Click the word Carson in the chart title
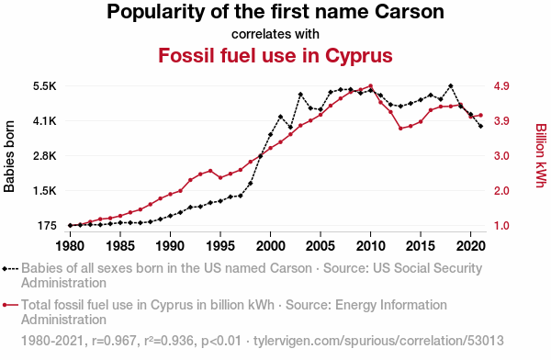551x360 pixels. coord(410,12)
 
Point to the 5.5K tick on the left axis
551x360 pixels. coord(45,86)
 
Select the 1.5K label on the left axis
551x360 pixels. coord(45,191)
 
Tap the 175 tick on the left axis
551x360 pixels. coord(47,226)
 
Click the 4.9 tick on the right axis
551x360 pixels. coord(501,86)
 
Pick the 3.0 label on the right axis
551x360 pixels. coord(501,156)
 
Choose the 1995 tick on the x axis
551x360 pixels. coord(220,246)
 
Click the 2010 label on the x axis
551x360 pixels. coord(370,246)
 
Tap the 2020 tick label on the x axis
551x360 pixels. coord(471,246)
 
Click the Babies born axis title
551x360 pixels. coord(9,156)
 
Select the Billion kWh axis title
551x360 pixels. coord(541,155)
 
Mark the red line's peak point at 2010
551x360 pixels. coord(370,85)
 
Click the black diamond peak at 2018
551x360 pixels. coord(451,86)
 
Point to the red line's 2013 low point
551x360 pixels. coord(400,129)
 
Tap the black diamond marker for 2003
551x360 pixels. coord(300,95)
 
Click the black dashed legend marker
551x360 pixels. coord(10,269)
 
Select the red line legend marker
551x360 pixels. coord(10,305)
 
